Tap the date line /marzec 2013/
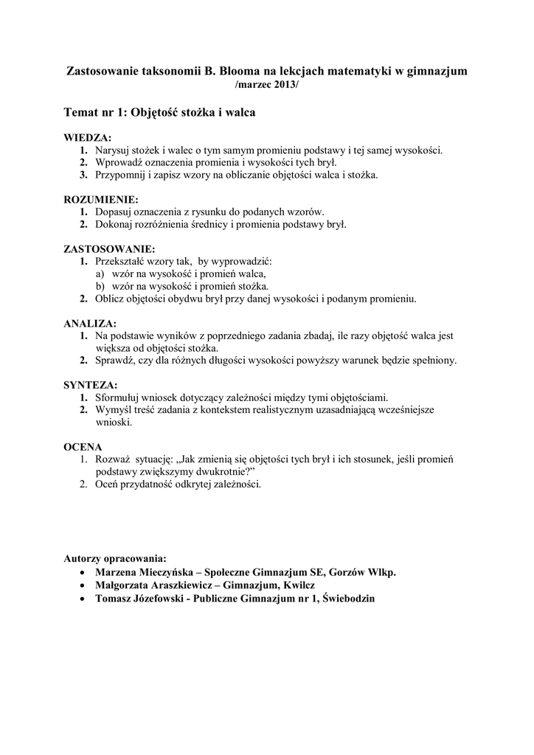pyautogui.click(x=267, y=86)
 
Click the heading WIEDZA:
pyautogui.click(x=88, y=138)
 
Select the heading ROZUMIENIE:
pyautogui.click(x=101, y=199)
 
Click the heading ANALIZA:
pyautogui.click(x=90, y=324)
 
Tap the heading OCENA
pyautogui.click(x=83, y=447)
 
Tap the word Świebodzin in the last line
pyautogui.click(x=349, y=599)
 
